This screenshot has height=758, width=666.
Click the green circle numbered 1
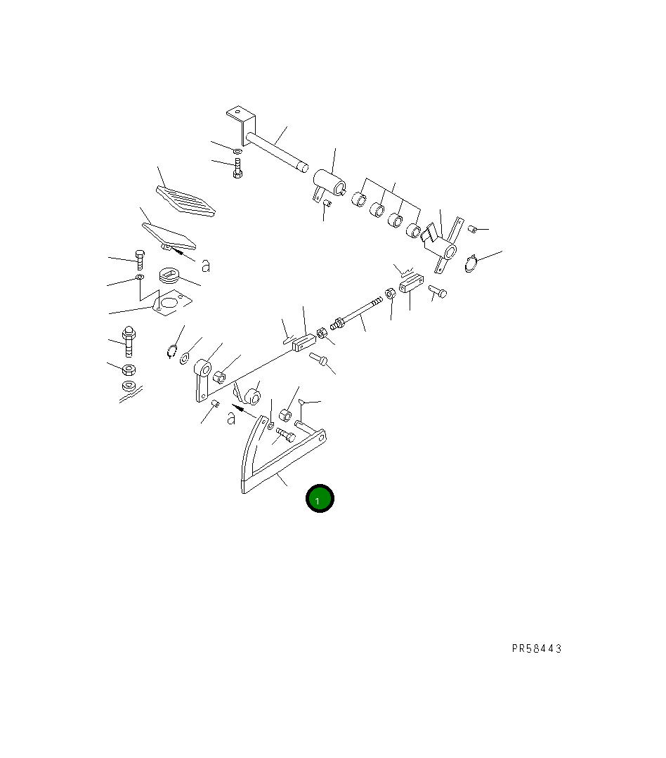click(320, 498)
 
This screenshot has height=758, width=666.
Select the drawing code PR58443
click(537, 648)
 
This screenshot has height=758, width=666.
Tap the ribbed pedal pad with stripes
click(185, 200)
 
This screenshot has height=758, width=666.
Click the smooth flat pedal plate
click(169, 236)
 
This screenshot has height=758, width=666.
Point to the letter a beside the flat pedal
click(206, 266)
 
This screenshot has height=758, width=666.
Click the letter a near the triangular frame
click(232, 418)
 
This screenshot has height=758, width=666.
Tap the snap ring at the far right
click(471, 263)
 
